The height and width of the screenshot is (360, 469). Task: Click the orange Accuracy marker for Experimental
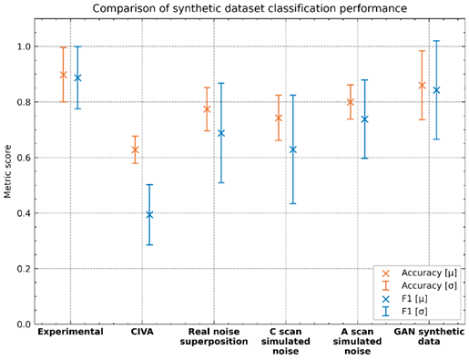coord(64,74)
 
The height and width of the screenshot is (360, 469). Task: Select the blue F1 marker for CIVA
coord(149,214)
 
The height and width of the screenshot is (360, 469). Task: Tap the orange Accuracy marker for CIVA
coord(135,149)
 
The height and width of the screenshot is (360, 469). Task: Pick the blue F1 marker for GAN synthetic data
coord(436,89)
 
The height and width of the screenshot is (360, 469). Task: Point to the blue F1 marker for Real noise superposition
coord(221,133)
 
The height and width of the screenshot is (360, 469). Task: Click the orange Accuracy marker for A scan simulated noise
coord(350,102)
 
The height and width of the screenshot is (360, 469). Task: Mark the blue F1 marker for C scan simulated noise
coord(293,149)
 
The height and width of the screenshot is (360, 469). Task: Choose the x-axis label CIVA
coord(142,333)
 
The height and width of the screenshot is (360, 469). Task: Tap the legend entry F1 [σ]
coord(416,312)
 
